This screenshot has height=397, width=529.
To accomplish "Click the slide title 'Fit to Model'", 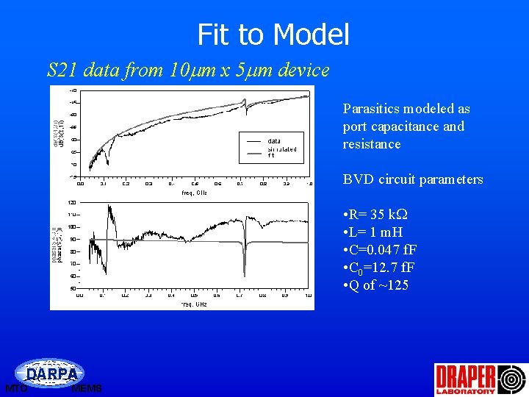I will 273,35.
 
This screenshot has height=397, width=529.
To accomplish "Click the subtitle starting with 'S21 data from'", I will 187,71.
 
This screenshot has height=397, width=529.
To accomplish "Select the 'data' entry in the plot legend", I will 273,140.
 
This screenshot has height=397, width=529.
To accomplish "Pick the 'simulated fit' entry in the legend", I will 282,152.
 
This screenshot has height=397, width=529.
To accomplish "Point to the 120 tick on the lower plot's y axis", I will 72,201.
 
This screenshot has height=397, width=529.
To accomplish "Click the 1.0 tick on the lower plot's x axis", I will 309,296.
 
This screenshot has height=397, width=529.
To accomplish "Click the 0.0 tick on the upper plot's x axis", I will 80,185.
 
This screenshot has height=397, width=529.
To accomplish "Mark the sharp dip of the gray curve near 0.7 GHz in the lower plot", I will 245,271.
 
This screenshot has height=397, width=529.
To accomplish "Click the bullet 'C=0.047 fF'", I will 380,250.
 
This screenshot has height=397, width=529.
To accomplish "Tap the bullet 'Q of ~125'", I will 375,285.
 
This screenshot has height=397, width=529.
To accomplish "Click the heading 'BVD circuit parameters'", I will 413,179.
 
